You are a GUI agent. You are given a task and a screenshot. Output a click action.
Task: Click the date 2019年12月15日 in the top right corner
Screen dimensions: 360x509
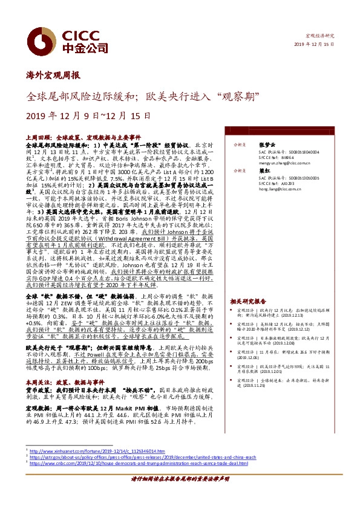(x=314, y=45)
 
